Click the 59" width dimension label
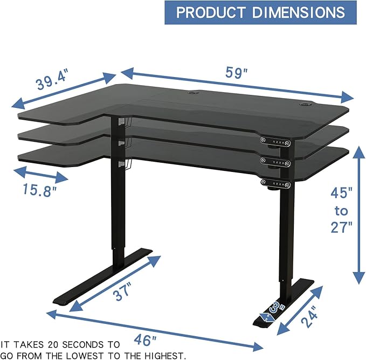[234, 72]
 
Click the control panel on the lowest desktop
[275, 185]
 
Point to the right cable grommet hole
[303, 103]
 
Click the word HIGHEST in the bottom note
[164, 355]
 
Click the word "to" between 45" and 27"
[342, 209]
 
